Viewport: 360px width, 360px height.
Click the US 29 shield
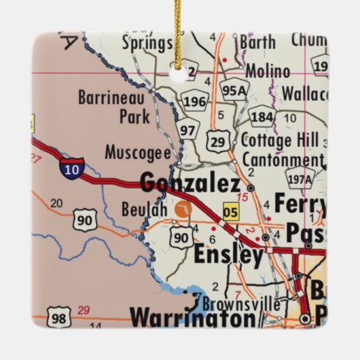coord(217,141)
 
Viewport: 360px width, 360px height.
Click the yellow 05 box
coord(231,213)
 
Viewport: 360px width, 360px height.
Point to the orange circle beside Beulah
coord(181,210)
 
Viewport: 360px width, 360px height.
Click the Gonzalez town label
coord(190,183)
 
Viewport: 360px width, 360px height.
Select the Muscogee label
coord(137,153)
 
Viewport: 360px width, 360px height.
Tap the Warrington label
coord(193,317)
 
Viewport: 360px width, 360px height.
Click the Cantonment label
coord(278,161)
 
